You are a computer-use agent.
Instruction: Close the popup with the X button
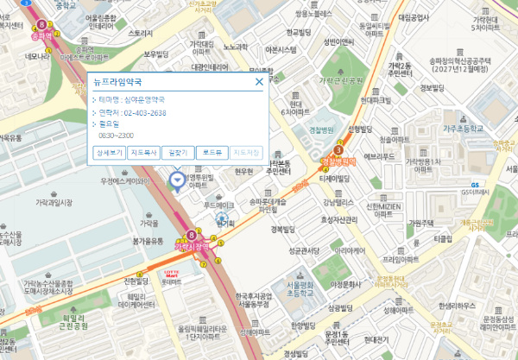click(x=258, y=83)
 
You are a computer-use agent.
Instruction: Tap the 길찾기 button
click(x=176, y=152)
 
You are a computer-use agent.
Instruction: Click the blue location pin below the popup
click(x=177, y=180)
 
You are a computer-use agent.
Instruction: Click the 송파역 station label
click(x=40, y=36)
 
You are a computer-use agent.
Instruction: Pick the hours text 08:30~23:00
click(x=117, y=136)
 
